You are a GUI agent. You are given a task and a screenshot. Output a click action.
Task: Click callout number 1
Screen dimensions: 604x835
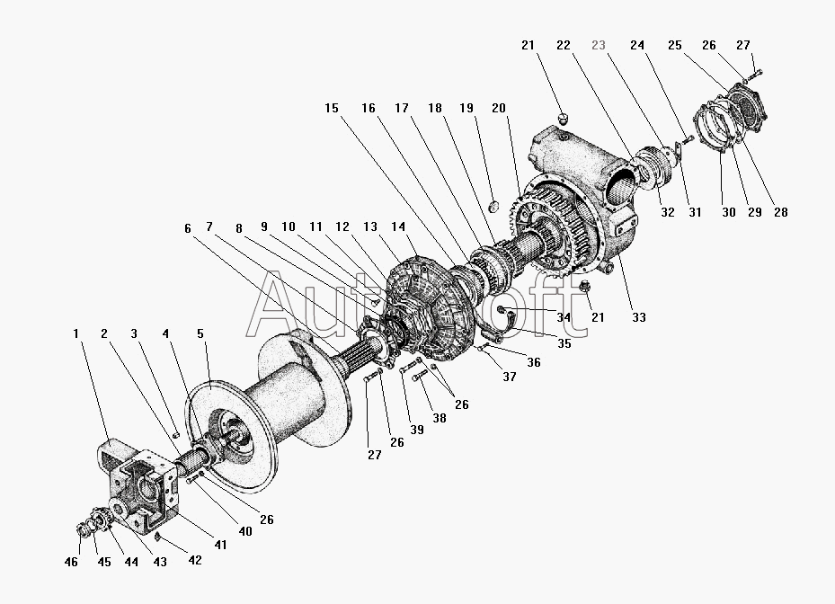tap(76, 333)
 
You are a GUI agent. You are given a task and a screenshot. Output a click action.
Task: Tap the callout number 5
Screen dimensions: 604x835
tap(200, 333)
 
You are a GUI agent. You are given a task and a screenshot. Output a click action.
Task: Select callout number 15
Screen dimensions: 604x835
tap(332, 108)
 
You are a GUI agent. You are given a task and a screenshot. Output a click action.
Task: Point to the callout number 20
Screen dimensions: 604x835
tap(499, 108)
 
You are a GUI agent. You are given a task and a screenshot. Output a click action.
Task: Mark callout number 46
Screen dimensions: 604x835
tap(72, 562)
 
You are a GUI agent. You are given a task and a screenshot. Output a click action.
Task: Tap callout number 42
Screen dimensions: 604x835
tap(194, 560)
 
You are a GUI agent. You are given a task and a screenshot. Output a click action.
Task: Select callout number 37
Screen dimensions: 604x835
tap(510, 376)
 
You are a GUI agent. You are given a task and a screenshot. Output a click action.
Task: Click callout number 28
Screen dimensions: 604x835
tap(779, 213)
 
